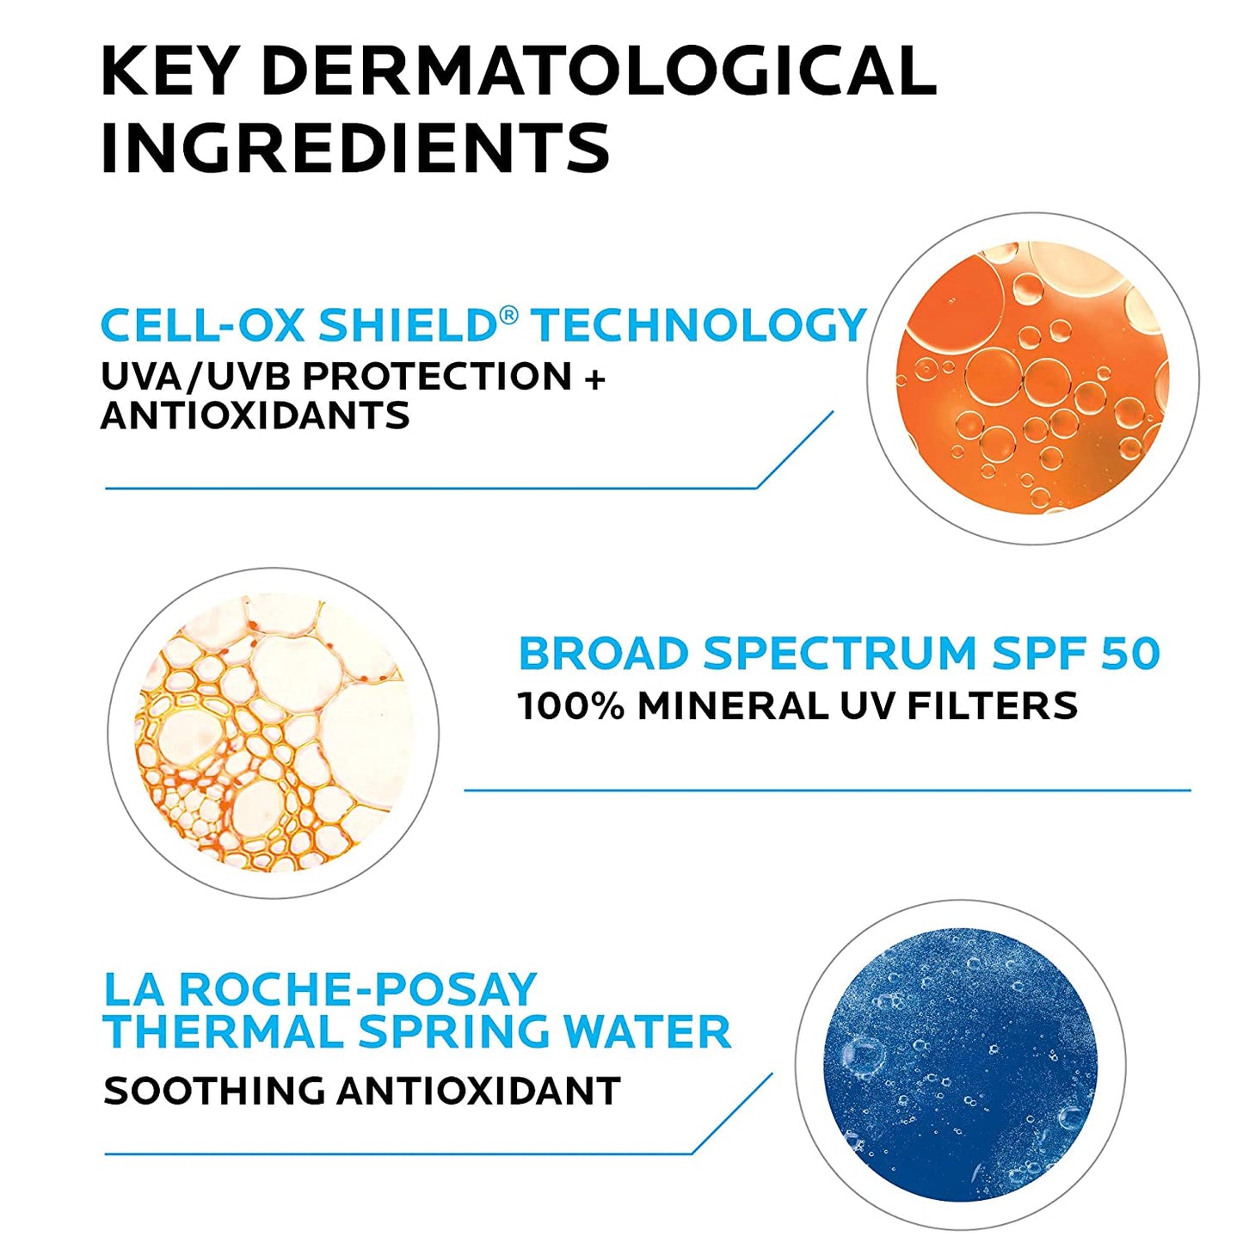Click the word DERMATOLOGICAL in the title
click(x=598, y=71)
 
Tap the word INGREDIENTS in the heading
click(x=354, y=148)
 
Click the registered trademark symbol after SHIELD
click(x=508, y=315)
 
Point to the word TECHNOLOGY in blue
click(x=698, y=325)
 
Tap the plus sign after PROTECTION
click(x=594, y=377)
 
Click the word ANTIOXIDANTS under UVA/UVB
click(x=255, y=416)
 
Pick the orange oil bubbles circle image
click(x=1032, y=378)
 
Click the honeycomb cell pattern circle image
click(x=274, y=733)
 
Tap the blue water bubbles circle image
click(x=960, y=1065)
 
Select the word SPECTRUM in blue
click(x=840, y=654)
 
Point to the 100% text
click(x=570, y=706)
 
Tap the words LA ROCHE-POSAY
click(x=320, y=990)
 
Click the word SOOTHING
click(x=213, y=1092)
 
